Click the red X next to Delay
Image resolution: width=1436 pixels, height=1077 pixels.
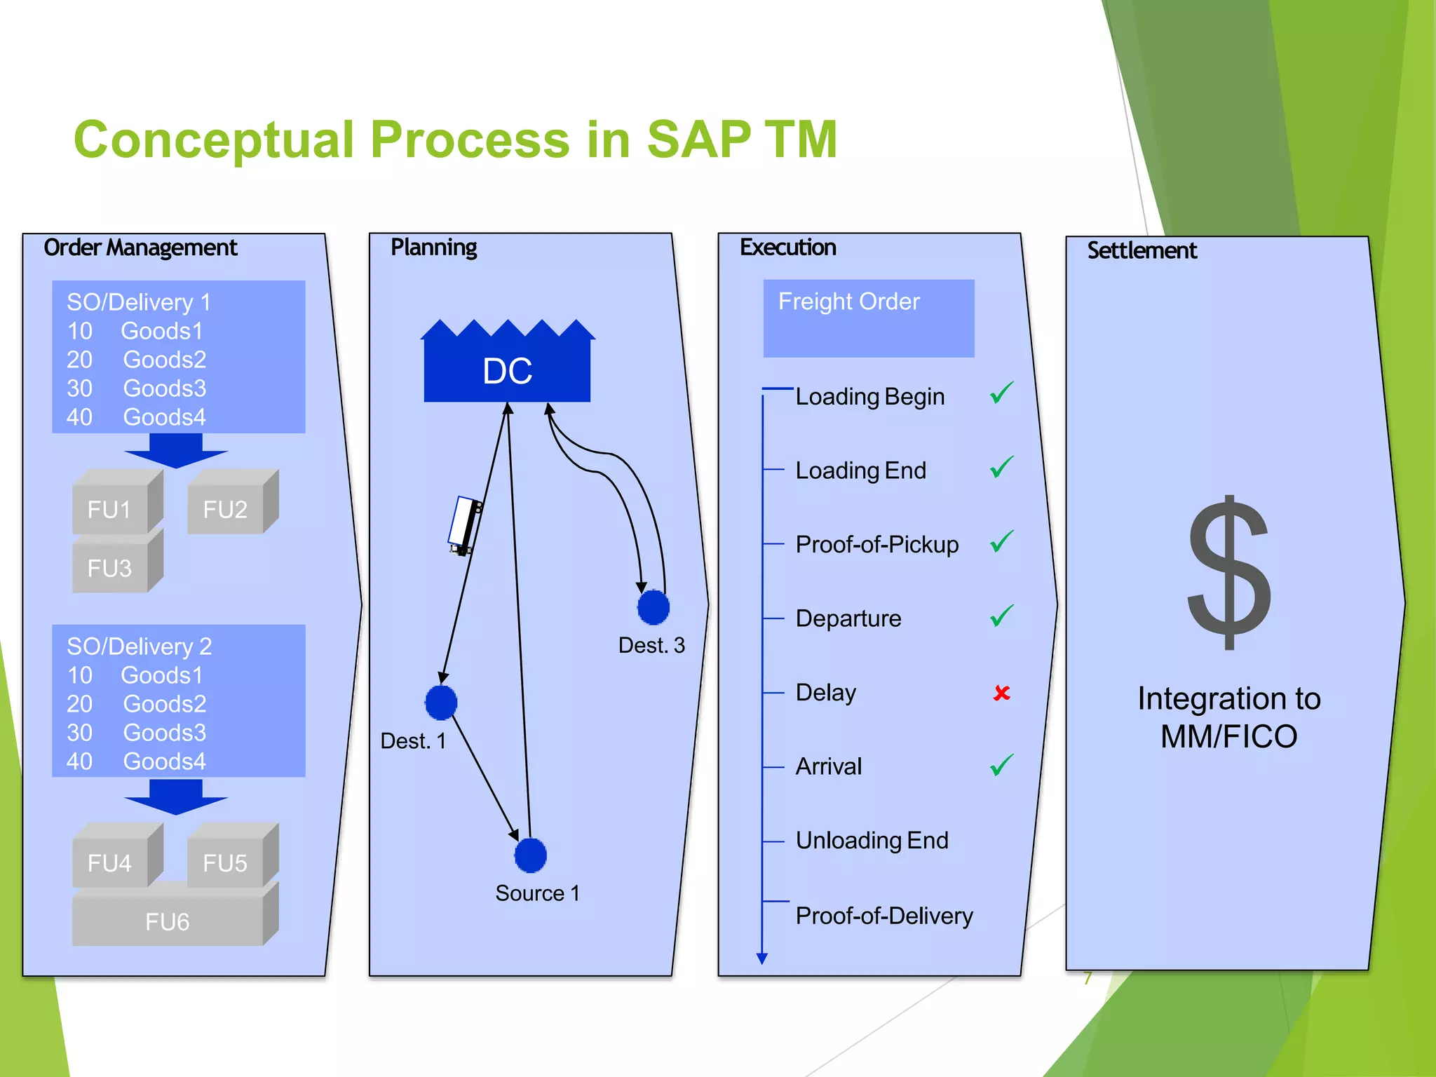click(1001, 693)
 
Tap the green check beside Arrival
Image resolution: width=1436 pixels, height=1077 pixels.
click(1001, 765)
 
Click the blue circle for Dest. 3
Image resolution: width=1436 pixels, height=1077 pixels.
click(653, 607)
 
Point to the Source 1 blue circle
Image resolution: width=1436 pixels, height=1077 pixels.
click(530, 855)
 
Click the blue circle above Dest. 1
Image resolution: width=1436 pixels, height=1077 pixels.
click(441, 703)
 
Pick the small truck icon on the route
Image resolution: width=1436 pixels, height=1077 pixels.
click(464, 525)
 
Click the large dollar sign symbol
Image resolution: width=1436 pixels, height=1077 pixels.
click(1229, 573)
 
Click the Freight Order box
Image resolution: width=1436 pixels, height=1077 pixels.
click(868, 318)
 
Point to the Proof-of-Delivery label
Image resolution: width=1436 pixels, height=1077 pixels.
click(883, 916)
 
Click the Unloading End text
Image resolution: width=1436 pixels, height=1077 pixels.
click(872, 840)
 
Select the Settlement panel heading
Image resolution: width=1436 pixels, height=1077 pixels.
click(1142, 251)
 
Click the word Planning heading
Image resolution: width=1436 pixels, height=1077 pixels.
click(433, 248)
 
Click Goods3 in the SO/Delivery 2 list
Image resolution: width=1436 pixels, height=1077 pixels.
click(164, 733)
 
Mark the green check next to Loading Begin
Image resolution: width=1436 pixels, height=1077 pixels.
click(1001, 393)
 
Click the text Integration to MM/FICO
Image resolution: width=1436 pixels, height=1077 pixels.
click(1228, 717)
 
